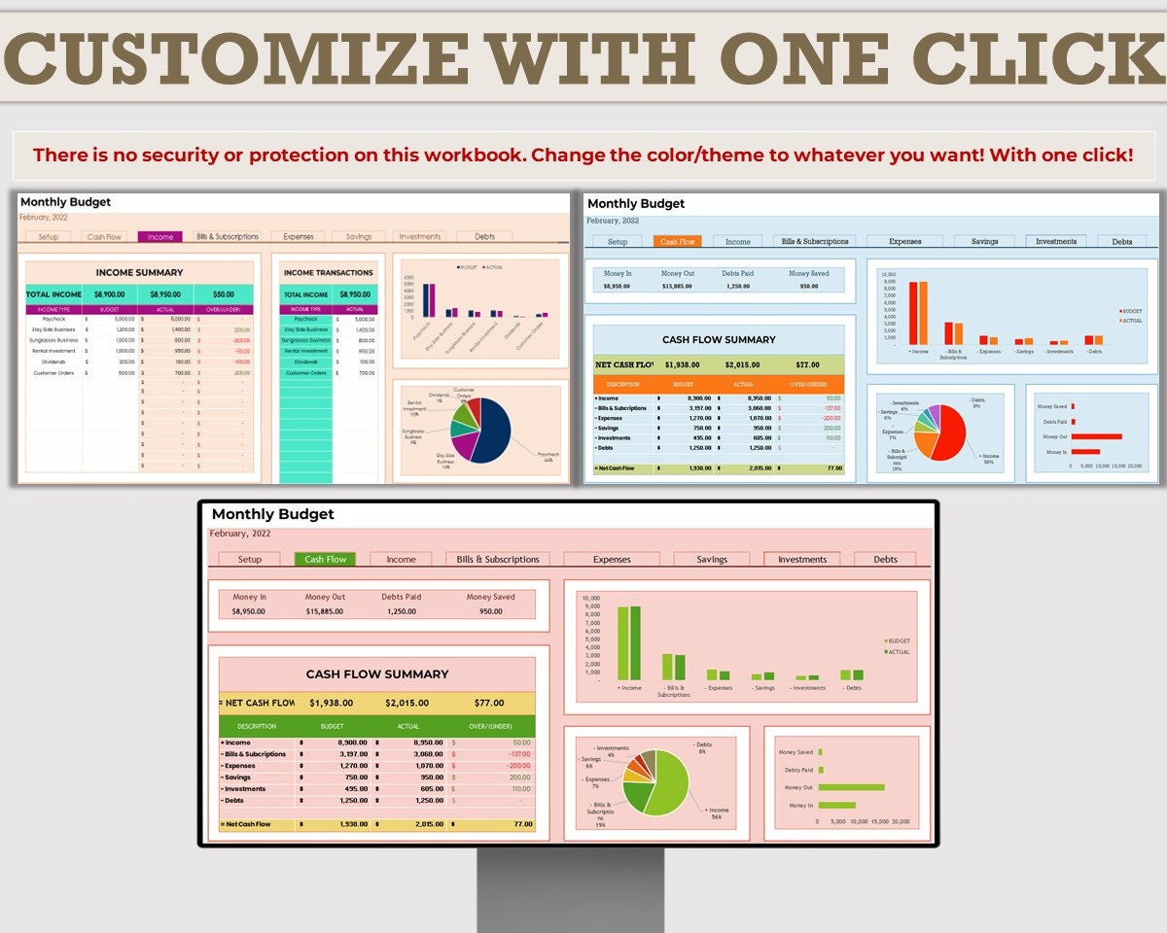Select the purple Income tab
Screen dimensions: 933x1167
click(x=159, y=236)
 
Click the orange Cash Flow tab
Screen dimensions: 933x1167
click(x=678, y=241)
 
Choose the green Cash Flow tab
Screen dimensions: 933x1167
click(x=325, y=559)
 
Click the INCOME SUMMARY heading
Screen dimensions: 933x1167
click(x=139, y=273)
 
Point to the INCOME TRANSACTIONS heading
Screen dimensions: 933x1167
click(x=328, y=273)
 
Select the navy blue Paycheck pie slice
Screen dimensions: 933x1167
click(x=490, y=428)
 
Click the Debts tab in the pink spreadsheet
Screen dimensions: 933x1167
click(x=885, y=559)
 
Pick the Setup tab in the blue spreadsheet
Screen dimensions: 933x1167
click(x=618, y=241)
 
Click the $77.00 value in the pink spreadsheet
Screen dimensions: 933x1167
click(x=488, y=703)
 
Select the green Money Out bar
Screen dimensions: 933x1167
click(x=852, y=787)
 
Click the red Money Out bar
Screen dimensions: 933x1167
click(x=1097, y=436)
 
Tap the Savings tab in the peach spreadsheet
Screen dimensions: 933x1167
click(x=359, y=236)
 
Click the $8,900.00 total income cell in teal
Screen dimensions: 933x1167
click(x=109, y=294)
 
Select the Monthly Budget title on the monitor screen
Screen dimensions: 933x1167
click(x=272, y=514)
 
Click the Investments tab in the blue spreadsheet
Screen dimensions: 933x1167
click(x=1056, y=241)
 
